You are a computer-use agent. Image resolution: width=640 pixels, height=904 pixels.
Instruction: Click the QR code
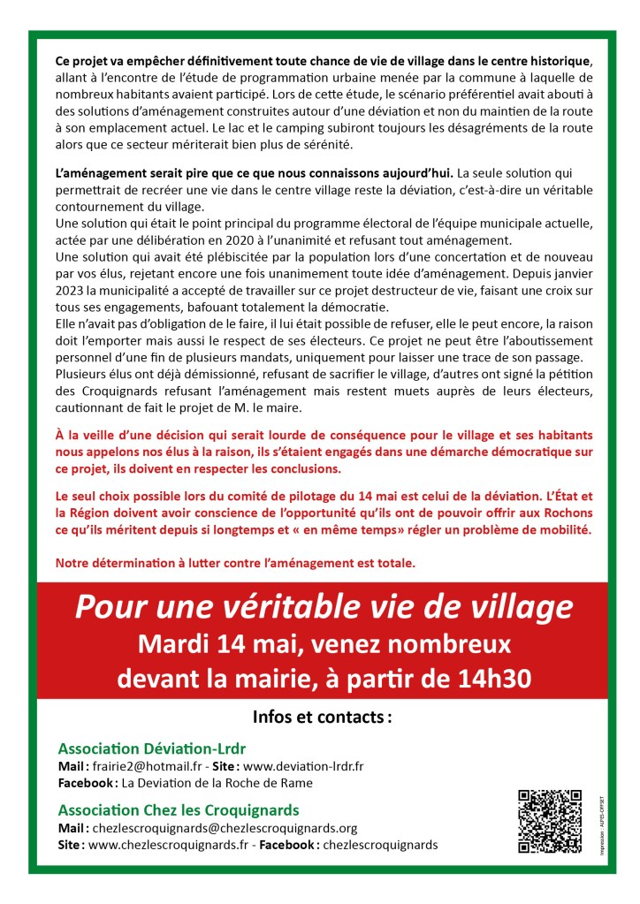click(549, 822)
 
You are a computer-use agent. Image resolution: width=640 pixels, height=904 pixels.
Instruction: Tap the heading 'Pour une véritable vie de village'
click(324, 606)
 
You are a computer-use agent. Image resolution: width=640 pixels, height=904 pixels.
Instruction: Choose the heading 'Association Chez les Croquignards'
click(178, 809)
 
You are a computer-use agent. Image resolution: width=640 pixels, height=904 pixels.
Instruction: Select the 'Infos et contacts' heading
click(322, 716)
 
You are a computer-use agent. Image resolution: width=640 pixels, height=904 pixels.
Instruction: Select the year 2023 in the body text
click(70, 292)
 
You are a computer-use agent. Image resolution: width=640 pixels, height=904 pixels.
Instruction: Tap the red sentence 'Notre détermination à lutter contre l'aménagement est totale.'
click(235, 562)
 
